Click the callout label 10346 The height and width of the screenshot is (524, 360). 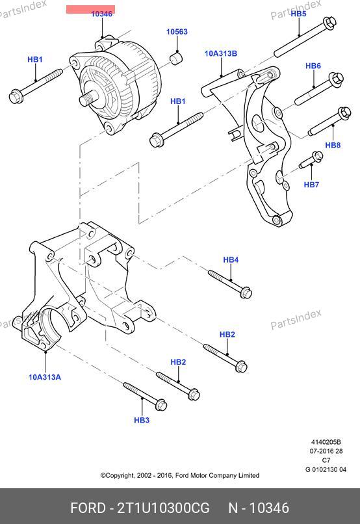pyautogui.click(x=102, y=14)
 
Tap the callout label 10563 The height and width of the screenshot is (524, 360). pyautogui.click(x=177, y=32)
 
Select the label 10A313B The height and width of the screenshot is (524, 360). pyautogui.click(x=221, y=53)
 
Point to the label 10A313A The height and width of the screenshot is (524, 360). pyautogui.click(x=45, y=377)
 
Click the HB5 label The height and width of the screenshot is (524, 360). pyautogui.click(x=298, y=14)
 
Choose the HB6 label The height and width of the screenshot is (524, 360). pyautogui.click(x=313, y=66)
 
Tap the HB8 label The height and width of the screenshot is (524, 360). pyautogui.click(x=333, y=145)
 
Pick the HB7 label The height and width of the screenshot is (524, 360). pyautogui.click(x=311, y=185)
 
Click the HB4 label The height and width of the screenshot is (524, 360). pyautogui.click(x=231, y=259)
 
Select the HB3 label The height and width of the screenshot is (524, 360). pyautogui.click(x=142, y=420)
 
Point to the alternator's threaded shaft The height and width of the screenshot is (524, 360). pyautogui.click(x=88, y=99)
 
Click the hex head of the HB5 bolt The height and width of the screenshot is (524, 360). pyautogui.click(x=329, y=23)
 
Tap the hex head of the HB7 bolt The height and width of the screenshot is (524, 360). pyautogui.click(x=317, y=156)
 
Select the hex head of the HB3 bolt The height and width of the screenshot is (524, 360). pyautogui.click(x=161, y=404)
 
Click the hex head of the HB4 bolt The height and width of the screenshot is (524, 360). pyautogui.click(x=246, y=293)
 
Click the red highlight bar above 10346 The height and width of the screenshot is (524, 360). pyautogui.click(x=90, y=9)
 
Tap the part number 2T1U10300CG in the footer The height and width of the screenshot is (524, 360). pyautogui.click(x=163, y=508)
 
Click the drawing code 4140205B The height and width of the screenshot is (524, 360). pyautogui.click(x=326, y=442)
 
